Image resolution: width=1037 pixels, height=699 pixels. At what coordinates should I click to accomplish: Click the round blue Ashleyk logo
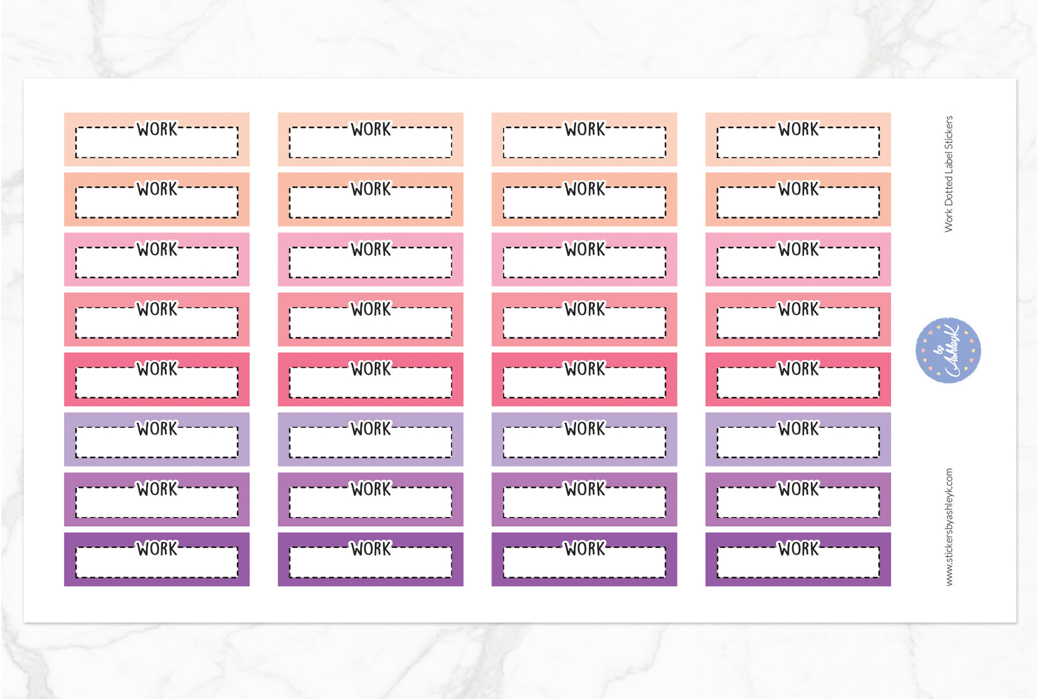point(948,350)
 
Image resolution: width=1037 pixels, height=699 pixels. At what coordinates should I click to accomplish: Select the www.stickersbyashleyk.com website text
point(949,527)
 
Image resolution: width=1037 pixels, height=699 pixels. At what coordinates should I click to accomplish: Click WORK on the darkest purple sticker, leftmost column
point(157,549)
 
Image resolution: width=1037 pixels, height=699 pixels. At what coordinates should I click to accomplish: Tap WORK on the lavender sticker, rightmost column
point(798,428)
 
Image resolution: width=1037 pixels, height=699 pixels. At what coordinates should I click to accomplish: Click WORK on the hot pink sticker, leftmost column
point(157,368)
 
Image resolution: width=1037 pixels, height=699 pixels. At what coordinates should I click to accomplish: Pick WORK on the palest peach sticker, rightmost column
point(798,129)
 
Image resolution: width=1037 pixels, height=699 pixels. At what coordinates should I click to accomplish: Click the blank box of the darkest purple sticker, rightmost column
point(798,565)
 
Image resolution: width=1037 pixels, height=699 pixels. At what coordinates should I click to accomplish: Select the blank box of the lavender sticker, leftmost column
point(157,445)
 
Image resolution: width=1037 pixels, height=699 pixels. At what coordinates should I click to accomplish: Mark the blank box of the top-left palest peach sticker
point(157,145)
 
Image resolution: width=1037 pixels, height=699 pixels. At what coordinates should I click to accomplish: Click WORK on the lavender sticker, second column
point(371,428)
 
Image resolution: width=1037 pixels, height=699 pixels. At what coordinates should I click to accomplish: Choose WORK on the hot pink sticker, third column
point(585,368)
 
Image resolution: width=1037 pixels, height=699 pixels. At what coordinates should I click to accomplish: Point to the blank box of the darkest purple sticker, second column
point(371,565)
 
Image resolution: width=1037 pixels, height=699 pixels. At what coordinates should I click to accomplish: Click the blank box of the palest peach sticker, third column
point(585,145)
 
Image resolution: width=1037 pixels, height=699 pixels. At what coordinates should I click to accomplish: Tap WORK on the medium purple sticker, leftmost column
point(157,488)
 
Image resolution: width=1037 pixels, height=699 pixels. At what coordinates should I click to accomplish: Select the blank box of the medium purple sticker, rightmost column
point(798,505)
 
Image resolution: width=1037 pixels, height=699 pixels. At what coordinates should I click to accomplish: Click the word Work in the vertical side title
point(948,220)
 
